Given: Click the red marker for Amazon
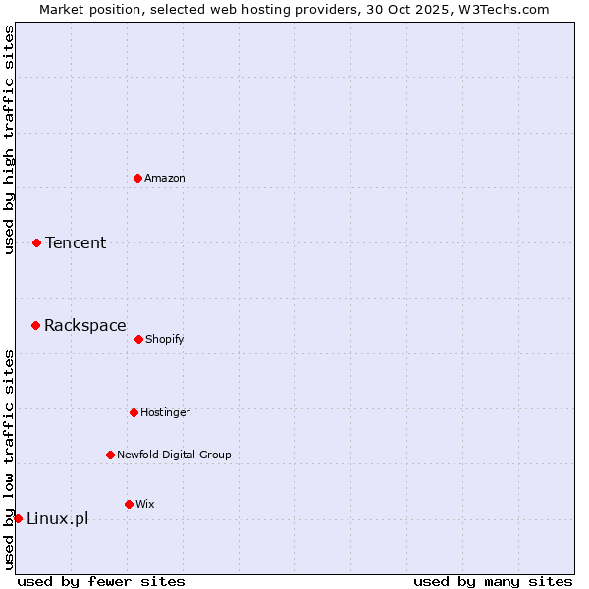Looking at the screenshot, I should [138, 178].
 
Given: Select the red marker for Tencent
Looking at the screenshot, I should [37, 242].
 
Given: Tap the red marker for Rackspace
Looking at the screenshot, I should [36, 325].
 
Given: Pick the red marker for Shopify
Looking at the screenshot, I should [138, 339].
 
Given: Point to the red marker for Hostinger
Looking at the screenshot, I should [134, 412].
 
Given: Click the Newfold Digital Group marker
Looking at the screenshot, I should [110, 455].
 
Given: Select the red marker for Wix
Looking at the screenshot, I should [129, 504].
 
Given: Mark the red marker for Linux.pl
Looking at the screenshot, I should [18, 518].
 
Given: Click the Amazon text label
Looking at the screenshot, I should [165, 178].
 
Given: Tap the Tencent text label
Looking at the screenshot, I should [76, 242].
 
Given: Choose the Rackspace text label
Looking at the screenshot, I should [85, 325].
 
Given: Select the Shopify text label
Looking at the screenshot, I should [165, 339].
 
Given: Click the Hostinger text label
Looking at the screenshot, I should [165, 412].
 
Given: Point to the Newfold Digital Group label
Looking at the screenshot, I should [174, 455].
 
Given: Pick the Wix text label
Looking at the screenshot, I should [145, 504].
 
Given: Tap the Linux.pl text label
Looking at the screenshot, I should [57, 518].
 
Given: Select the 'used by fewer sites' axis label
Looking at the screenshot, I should [101, 581].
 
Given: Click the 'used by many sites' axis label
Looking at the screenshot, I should [493, 581].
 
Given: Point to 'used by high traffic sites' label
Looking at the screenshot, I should [9, 139].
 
